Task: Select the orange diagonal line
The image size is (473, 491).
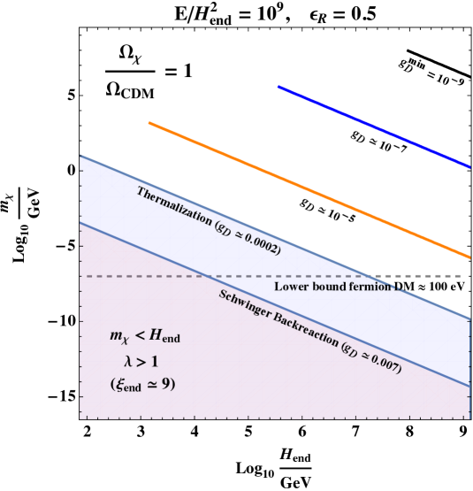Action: pyautogui.click(x=309, y=190)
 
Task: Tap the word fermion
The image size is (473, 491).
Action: pyautogui.click(x=371, y=287)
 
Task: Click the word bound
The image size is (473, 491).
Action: pyautogui.click(x=327, y=287)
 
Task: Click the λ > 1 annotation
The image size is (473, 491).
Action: pyautogui.click(x=141, y=361)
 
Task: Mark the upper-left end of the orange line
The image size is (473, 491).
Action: pyautogui.click(x=149, y=123)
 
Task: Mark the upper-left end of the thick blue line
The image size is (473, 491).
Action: pyautogui.click(x=278, y=87)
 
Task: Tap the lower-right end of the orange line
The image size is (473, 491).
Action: pyautogui.click(x=469, y=257)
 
